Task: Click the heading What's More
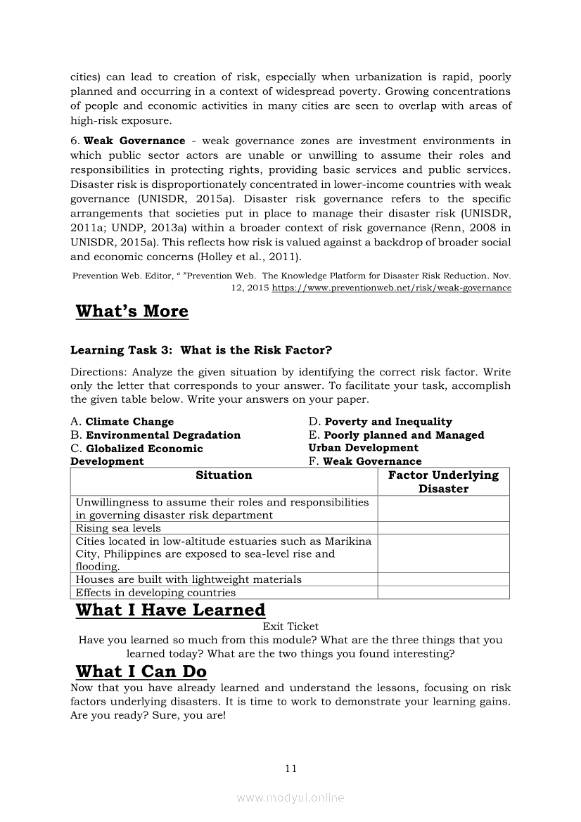click(132, 312)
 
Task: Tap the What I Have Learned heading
click(170, 610)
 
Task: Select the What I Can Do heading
click(141, 672)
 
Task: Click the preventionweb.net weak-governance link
click(391, 288)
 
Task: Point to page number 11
click(291, 769)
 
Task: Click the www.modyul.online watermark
click(290, 797)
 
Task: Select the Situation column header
click(224, 475)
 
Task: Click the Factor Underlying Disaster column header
click(443, 482)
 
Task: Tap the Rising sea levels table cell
click(118, 528)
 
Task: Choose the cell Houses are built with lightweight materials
click(189, 579)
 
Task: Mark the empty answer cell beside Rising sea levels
click(443, 528)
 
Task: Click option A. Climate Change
click(122, 422)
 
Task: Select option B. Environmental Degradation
click(155, 435)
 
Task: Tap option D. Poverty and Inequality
click(381, 422)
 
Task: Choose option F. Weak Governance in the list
click(365, 461)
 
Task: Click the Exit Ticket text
click(290, 626)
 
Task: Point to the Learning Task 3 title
click(201, 350)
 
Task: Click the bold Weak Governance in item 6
click(134, 141)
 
